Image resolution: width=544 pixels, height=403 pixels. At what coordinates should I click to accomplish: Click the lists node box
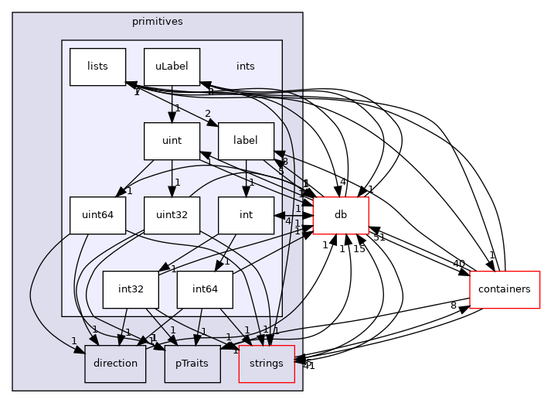click(x=97, y=67)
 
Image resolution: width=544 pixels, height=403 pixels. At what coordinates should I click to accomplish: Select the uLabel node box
click(x=172, y=67)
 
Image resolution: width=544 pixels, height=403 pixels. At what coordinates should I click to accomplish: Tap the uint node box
click(x=172, y=141)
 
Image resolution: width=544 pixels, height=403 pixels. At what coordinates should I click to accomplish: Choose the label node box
click(x=246, y=141)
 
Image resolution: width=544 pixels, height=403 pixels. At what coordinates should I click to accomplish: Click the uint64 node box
click(x=97, y=215)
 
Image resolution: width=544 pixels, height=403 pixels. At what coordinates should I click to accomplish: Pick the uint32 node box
click(x=172, y=215)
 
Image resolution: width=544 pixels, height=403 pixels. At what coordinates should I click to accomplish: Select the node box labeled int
click(x=246, y=215)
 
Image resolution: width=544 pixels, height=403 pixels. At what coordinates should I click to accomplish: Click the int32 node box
click(x=131, y=289)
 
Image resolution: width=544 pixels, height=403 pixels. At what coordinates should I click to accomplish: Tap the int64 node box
click(x=205, y=289)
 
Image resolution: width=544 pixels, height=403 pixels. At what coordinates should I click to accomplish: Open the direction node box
click(x=115, y=364)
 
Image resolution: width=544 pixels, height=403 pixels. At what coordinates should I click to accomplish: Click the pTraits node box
click(x=192, y=364)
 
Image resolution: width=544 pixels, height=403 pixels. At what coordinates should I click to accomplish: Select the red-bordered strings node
click(x=267, y=364)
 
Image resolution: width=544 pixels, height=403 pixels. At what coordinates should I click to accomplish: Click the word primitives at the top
click(x=158, y=22)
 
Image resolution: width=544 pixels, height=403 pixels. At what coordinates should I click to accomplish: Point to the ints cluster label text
click(x=245, y=67)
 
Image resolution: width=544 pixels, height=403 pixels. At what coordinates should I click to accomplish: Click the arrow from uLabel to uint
click(x=172, y=104)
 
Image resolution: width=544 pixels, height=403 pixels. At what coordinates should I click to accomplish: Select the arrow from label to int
click(x=246, y=178)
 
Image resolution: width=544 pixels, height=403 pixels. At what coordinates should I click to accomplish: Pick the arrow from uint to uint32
click(x=172, y=178)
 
